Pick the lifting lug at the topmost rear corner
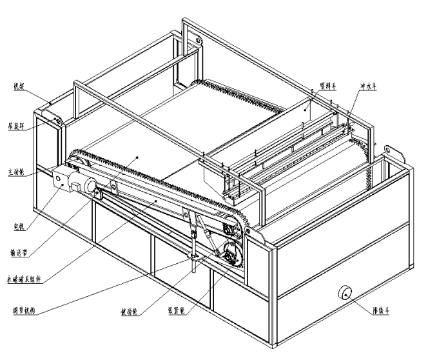click(193, 37)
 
